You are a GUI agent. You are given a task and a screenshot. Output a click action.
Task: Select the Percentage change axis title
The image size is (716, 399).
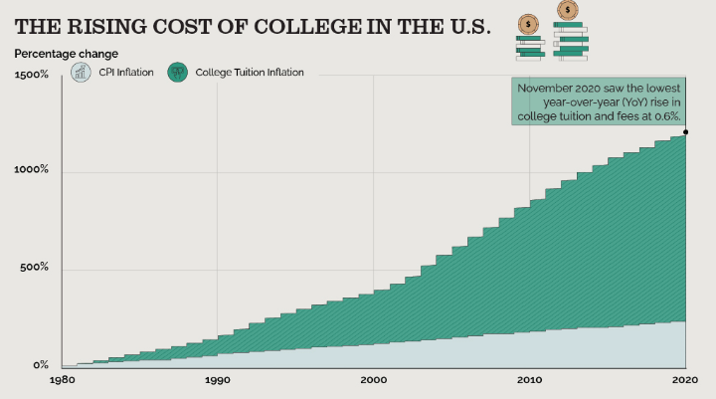(67, 53)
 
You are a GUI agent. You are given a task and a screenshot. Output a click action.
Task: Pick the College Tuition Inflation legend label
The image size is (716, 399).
(250, 72)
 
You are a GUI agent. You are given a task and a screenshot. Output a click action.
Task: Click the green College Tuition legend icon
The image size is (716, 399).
(178, 72)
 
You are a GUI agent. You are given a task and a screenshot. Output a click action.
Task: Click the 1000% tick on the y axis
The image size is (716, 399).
(33, 170)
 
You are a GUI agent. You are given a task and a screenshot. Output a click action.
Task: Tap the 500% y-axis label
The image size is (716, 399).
(36, 268)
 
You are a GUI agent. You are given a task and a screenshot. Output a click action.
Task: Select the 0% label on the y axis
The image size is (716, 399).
(42, 365)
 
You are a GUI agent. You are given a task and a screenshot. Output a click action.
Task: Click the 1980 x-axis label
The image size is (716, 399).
(62, 381)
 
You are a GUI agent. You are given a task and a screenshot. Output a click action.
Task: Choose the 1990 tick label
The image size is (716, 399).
(218, 381)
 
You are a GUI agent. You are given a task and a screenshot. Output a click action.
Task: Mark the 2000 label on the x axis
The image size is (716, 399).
(374, 381)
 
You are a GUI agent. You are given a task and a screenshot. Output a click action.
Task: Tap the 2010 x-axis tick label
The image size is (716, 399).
(530, 381)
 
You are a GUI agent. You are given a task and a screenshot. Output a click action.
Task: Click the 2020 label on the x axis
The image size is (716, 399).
(682, 381)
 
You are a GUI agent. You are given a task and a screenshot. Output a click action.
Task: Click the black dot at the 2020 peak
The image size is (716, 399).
(686, 131)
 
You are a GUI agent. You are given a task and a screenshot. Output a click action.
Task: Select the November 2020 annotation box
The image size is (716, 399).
(599, 102)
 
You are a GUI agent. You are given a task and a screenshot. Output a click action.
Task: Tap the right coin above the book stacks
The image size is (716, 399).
(568, 11)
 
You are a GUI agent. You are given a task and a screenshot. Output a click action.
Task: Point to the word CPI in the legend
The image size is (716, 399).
(108, 72)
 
